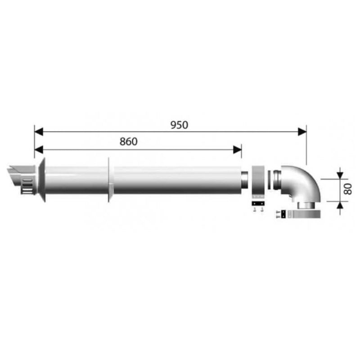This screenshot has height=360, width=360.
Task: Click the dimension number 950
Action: pyautogui.click(x=179, y=125)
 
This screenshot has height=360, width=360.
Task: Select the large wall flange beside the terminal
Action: pyautogui.click(x=41, y=180)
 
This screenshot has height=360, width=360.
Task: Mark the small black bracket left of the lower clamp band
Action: pyautogui.click(x=283, y=214)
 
